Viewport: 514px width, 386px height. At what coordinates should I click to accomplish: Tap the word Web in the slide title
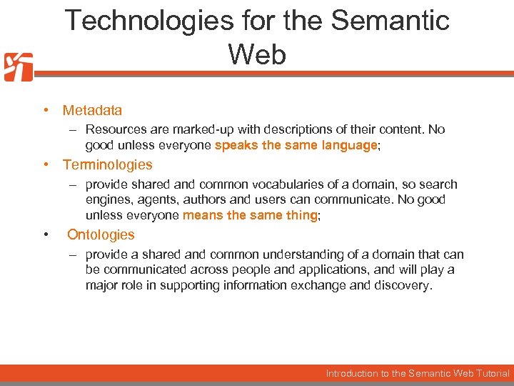[x=257, y=54]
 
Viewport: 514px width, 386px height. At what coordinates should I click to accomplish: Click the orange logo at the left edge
[x=18, y=67]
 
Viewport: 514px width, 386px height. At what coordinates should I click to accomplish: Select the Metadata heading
[x=92, y=110]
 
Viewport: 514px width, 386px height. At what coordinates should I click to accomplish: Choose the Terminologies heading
[x=107, y=164]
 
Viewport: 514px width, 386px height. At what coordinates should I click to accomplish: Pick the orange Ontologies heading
[x=101, y=234]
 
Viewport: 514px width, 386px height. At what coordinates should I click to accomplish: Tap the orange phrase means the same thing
[x=250, y=215]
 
